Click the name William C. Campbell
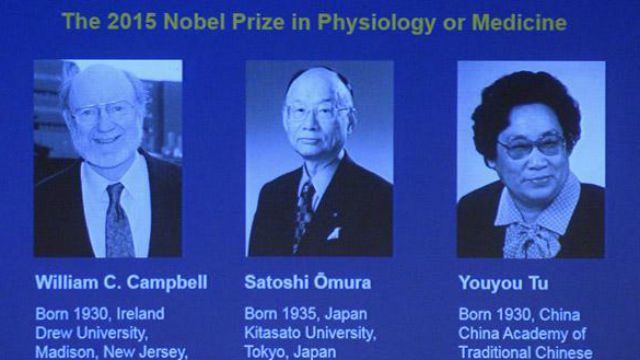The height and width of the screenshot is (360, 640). (121, 283)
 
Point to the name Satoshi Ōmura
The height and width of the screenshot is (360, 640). (307, 283)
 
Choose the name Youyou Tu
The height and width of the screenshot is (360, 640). (503, 284)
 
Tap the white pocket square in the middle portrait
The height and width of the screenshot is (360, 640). (334, 233)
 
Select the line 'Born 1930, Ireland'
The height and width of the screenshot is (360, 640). (99, 314)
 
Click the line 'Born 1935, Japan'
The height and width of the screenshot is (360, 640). (305, 314)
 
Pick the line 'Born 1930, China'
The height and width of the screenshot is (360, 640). (518, 314)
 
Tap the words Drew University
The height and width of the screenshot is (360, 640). (92, 333)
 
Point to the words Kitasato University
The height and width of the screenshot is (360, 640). (310, 333)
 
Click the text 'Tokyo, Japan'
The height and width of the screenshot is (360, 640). (290, 352)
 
